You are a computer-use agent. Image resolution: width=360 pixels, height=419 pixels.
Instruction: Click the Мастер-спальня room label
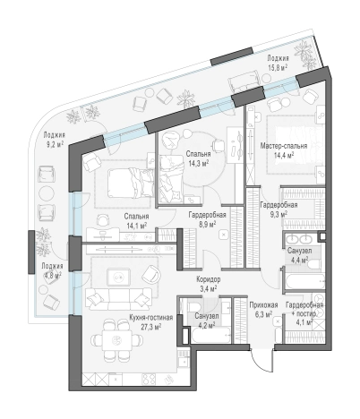pyautogui.click(x=284, y=146)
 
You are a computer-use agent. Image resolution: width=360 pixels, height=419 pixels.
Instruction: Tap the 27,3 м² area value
pyautogui.click(x=151, y=327)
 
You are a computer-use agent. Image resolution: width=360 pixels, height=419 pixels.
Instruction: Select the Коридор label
pyautogui.click(x=209, y=279)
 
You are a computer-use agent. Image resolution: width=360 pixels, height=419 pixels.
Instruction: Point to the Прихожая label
pyautogui.click(x=263, y=305)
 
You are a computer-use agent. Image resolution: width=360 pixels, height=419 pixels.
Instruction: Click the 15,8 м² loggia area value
pyautogui.click(x=278, y=67)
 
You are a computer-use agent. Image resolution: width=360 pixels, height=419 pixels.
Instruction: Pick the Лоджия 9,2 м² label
pyautogui.click(x=54, y=140)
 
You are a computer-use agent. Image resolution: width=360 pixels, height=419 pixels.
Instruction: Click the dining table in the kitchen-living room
pyautogui.click(x=116, y=340)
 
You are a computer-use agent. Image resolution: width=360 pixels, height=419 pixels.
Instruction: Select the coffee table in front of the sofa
pyautogui.click(x=119, y=278)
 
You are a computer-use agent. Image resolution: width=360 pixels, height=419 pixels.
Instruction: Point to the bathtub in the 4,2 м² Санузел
pyautogui.click(x=210, y=336)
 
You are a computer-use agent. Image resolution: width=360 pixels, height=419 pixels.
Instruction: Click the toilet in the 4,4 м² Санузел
pyautogui.click(x=313, y=265)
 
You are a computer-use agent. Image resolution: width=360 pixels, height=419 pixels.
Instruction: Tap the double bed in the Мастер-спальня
pyautogui.click(x=294, y=145)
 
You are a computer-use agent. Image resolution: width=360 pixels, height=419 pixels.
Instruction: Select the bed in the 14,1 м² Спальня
pyautogui.click(x=130, y=183)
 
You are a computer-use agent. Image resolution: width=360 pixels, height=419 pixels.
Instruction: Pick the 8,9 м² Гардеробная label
pyautogui.click(x=207, y=219)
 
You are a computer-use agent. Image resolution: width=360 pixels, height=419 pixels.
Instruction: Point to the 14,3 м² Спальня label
pyautogui.click(x=198, y=158)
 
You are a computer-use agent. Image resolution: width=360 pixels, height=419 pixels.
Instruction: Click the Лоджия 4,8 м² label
pyautogui.click(x=52, y=270)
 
